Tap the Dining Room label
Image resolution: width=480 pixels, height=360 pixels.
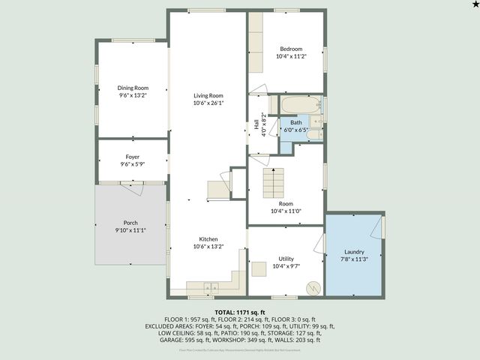click(x=133, y=88)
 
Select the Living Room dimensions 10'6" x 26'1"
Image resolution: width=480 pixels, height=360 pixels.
click(x=208, y=103)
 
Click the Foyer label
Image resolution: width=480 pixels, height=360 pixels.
click(x=133, y=157)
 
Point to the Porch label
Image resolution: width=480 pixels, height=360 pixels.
click(x=130, y=223)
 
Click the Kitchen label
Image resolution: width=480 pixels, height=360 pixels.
click(x=208, y=238)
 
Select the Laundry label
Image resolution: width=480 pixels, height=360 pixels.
click(x=354, y=252)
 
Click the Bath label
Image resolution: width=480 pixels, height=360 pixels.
click(x=296, y=122)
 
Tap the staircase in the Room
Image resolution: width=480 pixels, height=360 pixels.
click(x=274, y=181)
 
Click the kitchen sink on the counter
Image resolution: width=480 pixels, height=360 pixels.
click(x=211, y=286)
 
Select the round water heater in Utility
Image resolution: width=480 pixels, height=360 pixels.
click(x=313, y=286)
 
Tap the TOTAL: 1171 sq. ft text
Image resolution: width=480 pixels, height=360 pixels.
click(x=240, y=311)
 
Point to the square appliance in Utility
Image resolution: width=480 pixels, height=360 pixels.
click(x=259, y=268)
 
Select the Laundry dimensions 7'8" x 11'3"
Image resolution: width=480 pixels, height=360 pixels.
click(x=354, y=259)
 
